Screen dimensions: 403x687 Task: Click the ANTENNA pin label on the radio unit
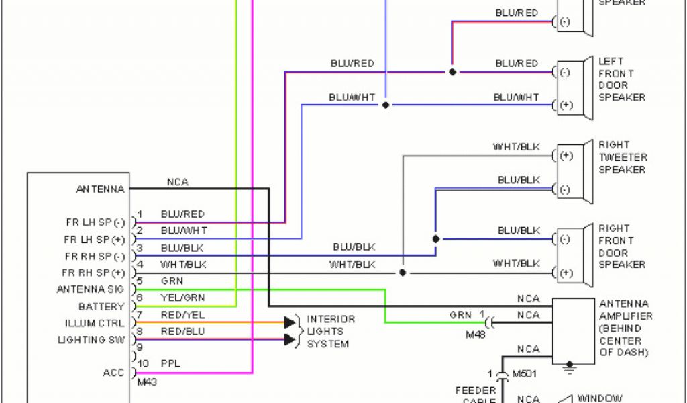(101, 189)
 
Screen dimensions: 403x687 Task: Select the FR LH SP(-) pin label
(95, 222)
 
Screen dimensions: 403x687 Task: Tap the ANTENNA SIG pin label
(91, 289)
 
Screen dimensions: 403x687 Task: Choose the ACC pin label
(114, 373)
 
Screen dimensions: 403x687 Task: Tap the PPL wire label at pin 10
(170, 363)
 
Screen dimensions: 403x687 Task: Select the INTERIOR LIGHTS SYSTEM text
(330, 331)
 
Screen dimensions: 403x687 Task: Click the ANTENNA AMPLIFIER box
(573, 331)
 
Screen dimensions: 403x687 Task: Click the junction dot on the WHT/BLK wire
(403, 273)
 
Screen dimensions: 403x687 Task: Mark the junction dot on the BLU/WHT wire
(385, 105)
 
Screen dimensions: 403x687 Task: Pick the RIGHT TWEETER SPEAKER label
(623, 157)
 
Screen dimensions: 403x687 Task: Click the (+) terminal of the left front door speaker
(565, 105)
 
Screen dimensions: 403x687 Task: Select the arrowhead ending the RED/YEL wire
(290, 322)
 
